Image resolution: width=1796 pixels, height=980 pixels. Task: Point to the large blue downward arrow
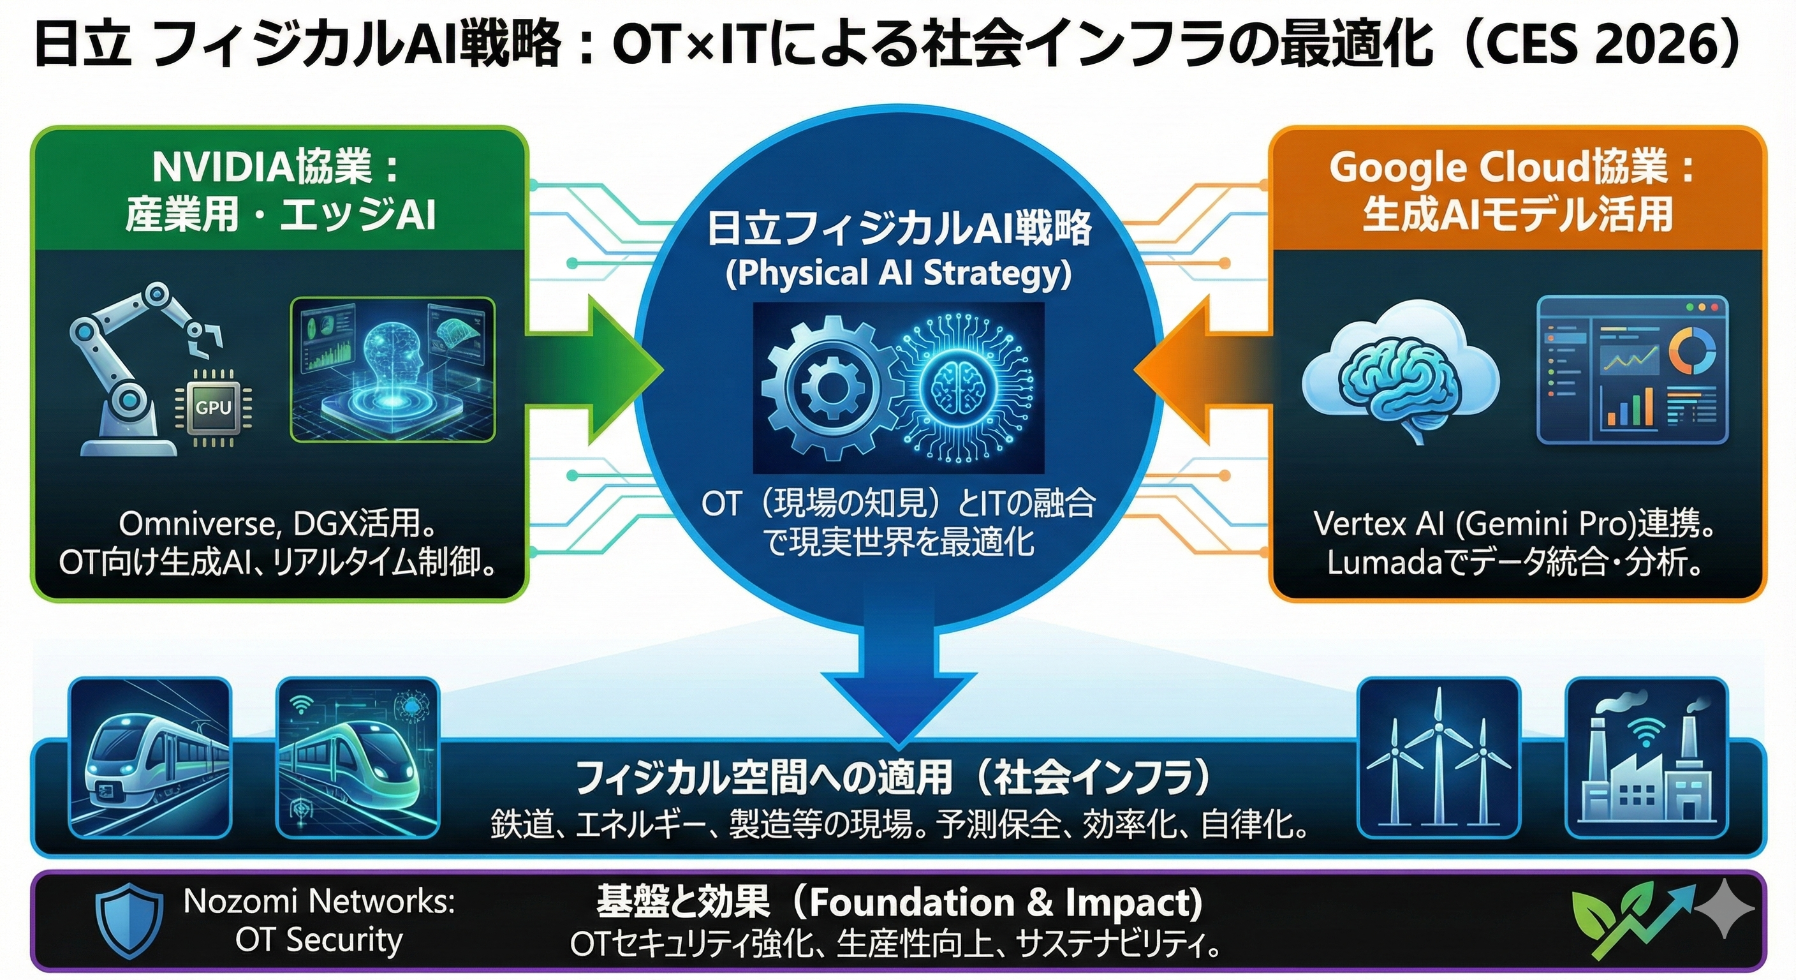(899, 670)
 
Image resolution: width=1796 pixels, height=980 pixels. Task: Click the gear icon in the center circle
(830, 388)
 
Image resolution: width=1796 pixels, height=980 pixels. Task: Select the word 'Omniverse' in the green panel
(200, 523)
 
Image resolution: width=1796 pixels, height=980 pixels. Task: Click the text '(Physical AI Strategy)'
(899, 274)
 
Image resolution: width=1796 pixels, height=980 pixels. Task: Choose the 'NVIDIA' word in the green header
(224, 167)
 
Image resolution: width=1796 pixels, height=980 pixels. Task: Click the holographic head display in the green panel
(392, 369)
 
